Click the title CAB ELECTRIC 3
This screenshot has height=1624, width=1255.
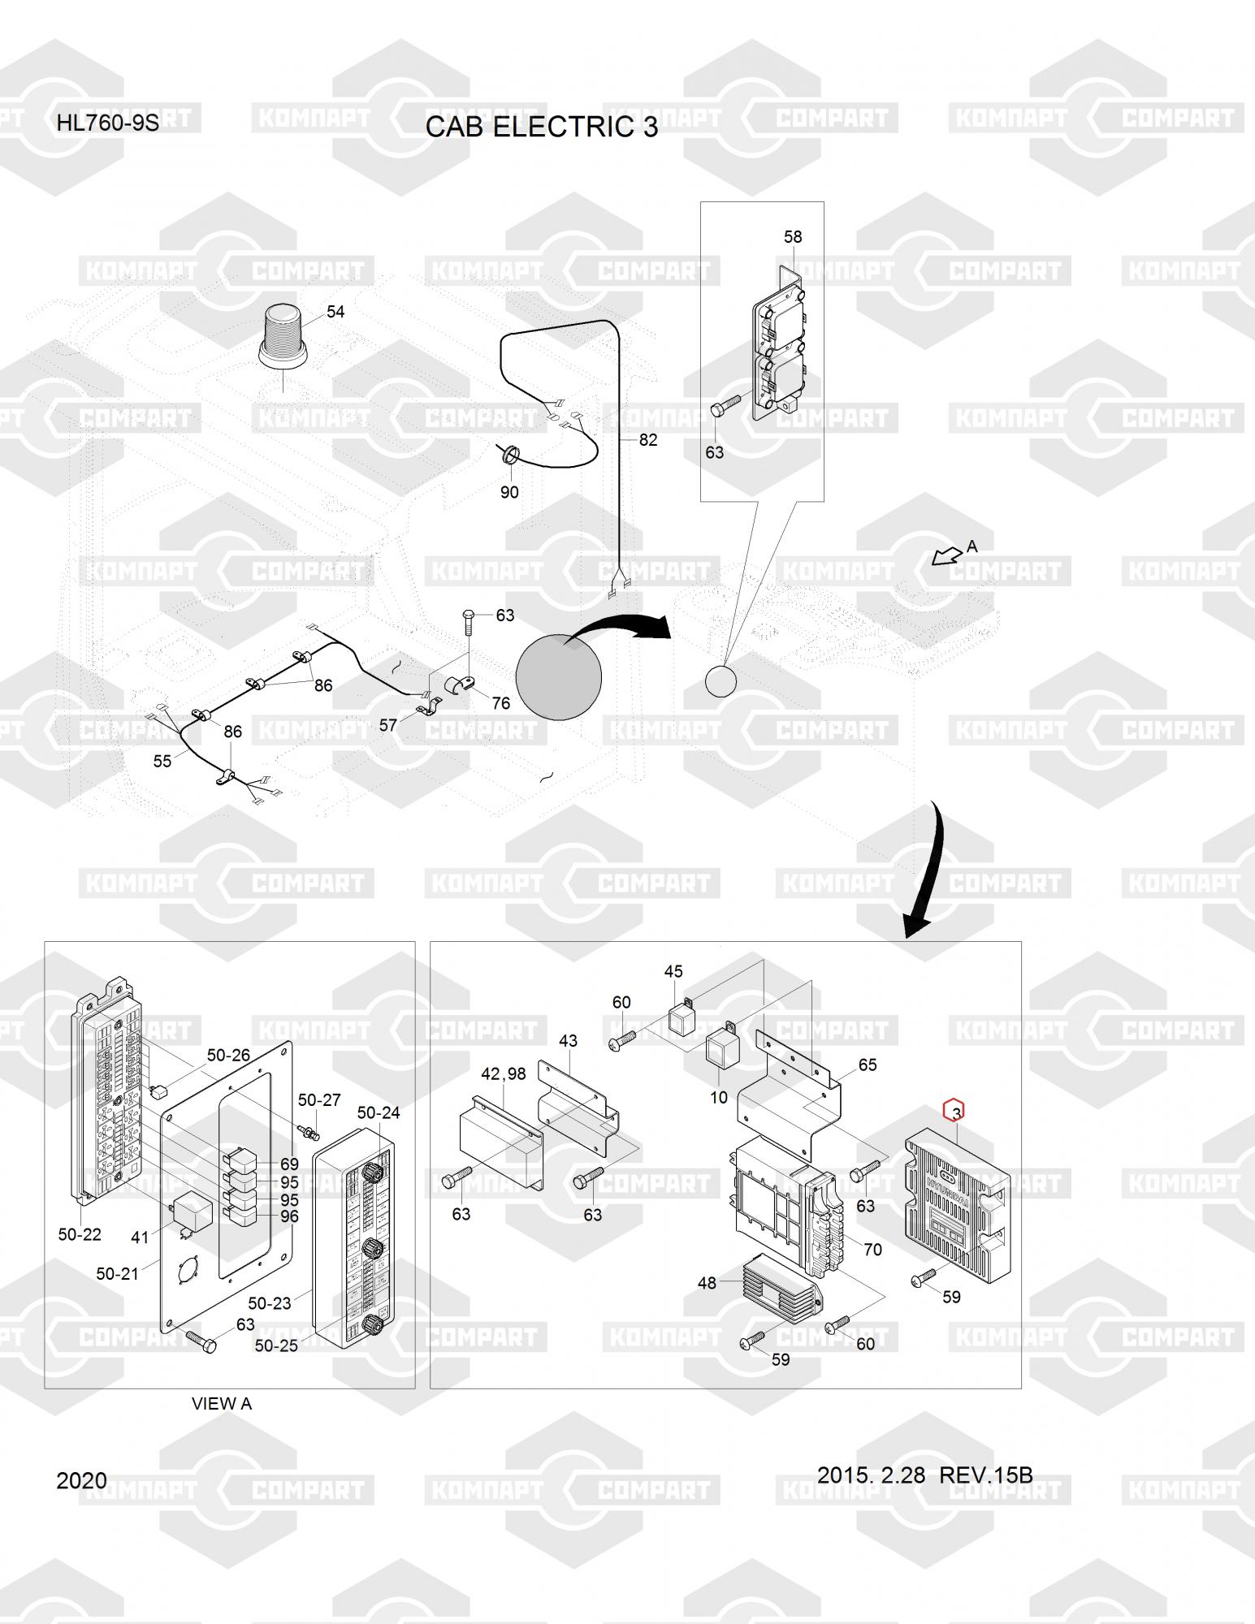tap(541, 127)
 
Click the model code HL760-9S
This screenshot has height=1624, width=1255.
tap(107, 124)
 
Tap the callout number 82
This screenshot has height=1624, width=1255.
tap(647, 439)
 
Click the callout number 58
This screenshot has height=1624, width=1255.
tap(792, 236)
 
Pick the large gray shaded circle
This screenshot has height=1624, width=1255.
tap(559, 676)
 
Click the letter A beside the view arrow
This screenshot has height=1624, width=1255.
tap(972, 546)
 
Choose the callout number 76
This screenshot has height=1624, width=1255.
tap(500, 702)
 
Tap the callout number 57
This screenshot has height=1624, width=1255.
tap(388, 724)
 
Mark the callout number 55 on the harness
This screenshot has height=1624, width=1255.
tap(162, 760)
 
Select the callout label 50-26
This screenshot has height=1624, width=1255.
tap(228, 1055)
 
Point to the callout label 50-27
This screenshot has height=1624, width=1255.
tap(318, 1099)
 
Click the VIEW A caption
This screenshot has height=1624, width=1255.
tap(221, 1403)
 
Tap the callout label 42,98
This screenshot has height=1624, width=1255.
tap(503, 1073)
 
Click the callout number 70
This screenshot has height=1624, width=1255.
tap(872, 1249)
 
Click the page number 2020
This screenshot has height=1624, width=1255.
tap(81, 1480)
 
